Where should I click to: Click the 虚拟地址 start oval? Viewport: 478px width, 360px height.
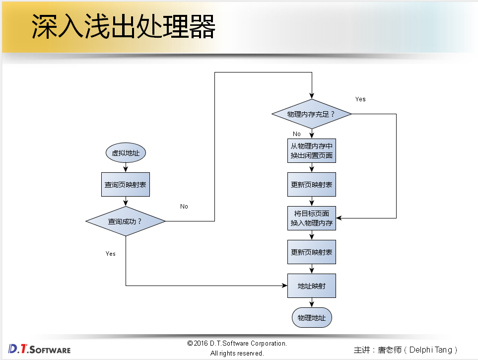(126, 153)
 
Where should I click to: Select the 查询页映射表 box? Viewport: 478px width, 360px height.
(126, 185)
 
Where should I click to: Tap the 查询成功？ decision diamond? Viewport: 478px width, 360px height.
(126, 221)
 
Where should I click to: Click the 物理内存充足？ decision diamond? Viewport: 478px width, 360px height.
(312, 114)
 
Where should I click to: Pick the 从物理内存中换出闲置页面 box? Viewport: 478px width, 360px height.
(312, 150)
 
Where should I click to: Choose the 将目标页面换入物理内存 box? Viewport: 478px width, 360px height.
(312, 218)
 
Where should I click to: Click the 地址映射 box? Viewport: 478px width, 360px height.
(312, 286)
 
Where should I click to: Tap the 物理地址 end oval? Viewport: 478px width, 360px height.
(312, 317)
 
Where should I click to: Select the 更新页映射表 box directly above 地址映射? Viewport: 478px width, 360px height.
(312, 252)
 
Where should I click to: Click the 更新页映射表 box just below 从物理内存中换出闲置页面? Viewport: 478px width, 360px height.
(312, 185)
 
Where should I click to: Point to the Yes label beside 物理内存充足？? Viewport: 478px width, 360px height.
(360, 99)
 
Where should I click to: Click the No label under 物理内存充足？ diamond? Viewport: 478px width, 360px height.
(297, 134)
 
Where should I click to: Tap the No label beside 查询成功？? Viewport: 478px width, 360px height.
(184, 207)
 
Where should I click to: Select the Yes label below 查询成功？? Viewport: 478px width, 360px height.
(111, 254)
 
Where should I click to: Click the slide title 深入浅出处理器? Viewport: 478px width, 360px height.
(124, 27)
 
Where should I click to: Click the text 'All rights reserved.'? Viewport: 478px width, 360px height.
(237, 353)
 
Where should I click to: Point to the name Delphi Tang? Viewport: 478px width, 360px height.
(430, 350)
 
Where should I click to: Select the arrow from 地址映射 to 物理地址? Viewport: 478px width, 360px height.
(312, 303)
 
